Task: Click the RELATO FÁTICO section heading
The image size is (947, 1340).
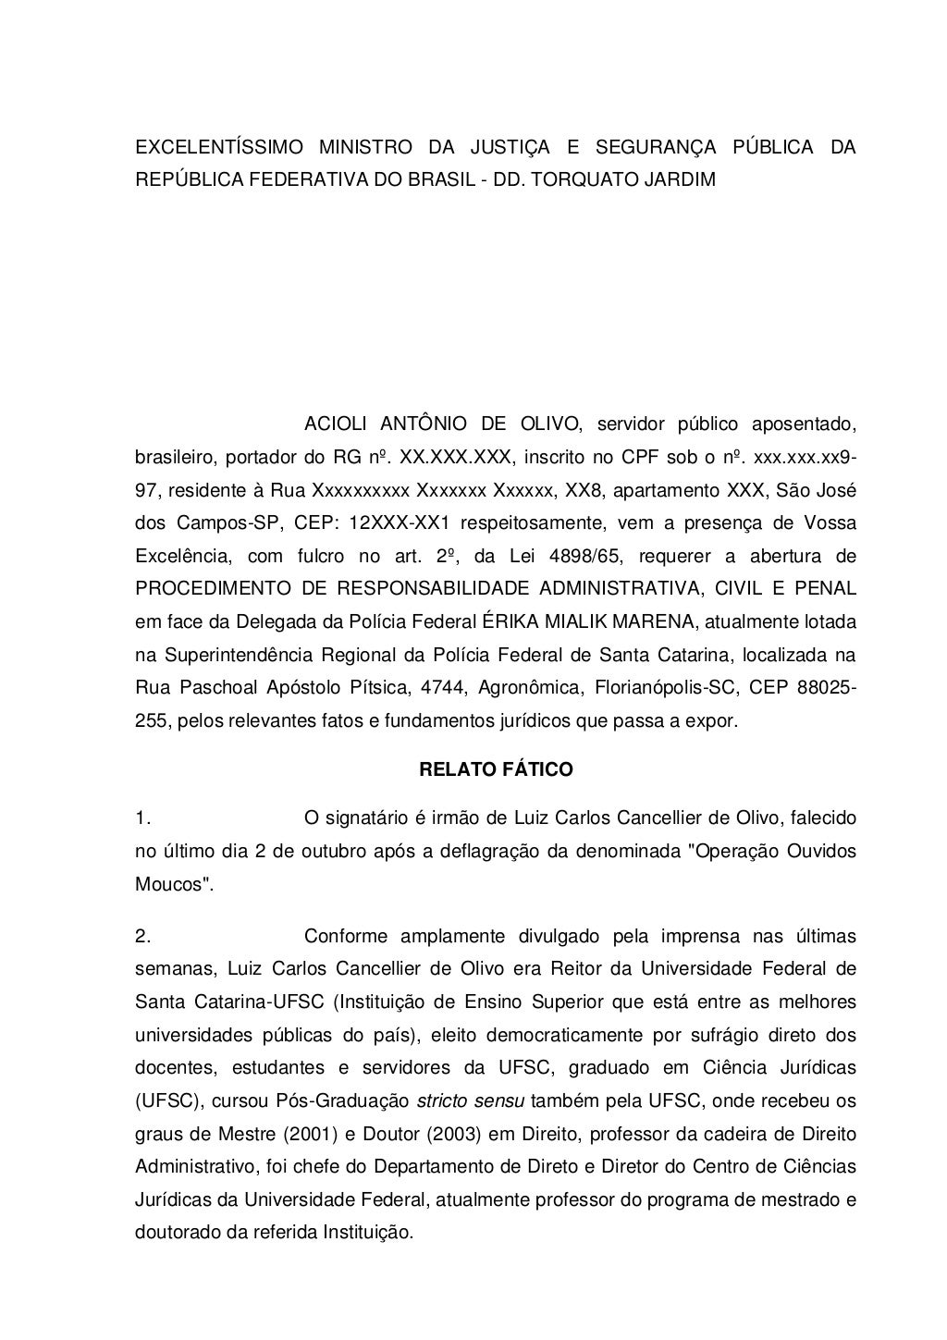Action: pos(497,769)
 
